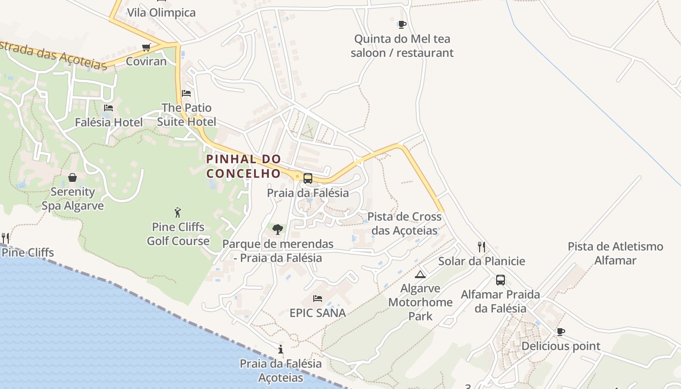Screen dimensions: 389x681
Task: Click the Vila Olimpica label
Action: [x=161, y=13]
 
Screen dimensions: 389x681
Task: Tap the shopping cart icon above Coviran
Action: [x=146, y=47]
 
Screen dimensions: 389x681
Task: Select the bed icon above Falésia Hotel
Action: [x=108, y=108]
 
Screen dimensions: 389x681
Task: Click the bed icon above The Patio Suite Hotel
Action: [x=186, y=93]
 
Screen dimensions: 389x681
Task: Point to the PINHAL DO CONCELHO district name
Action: [x=244, y=166]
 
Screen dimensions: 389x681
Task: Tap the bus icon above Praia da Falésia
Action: [x=308, y=178]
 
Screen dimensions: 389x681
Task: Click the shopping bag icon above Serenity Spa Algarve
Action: [x=72, y=177]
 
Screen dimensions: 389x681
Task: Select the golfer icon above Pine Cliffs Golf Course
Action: [x=178, y=212]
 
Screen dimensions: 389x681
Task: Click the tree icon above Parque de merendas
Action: [x=278, y=229]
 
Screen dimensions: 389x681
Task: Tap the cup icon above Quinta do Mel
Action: [x=402, y=24]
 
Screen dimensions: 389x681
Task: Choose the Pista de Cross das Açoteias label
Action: [x=404, y=223]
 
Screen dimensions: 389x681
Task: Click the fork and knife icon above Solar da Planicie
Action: [x=482, y=247]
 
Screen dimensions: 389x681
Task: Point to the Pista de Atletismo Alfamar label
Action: [x=615, y=253]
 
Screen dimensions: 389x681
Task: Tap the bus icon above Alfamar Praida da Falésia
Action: [x=500, y=280]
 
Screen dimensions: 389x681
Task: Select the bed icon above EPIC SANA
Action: [x=318, y=298]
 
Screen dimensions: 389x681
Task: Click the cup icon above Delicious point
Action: [x=561, y=332]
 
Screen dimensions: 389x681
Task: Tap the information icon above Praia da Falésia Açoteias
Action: [x=281, y=349]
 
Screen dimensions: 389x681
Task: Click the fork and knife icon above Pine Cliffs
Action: [x=5, y=238]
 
